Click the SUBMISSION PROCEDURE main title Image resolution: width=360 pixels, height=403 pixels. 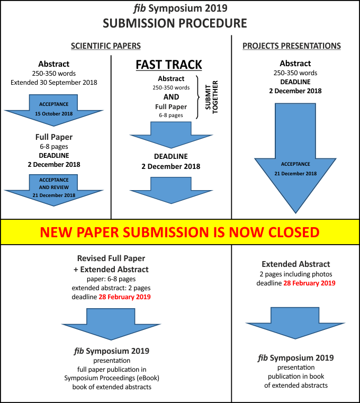coord(175,23)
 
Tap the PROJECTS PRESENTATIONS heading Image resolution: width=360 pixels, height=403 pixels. coord(292,46)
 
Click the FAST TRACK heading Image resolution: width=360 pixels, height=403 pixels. coord(169,65)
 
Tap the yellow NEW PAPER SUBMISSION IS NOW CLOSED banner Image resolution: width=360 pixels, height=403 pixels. coord(180,232)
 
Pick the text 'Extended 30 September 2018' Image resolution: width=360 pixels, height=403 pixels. coord(54,83)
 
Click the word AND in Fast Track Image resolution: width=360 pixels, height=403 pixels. coord(171,97)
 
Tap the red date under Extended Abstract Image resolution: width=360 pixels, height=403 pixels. coord(309,283)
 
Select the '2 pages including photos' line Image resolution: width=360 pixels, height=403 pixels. coord(295,274)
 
